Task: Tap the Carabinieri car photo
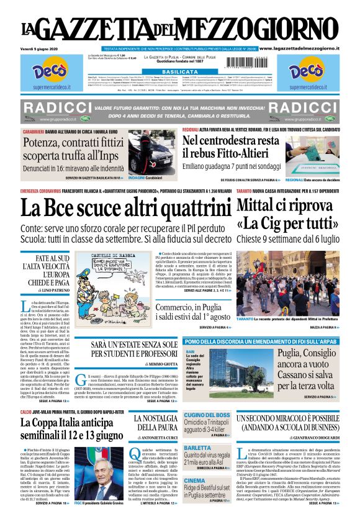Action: [x=151, y=150]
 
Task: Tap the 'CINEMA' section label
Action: [x=195, y=480]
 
